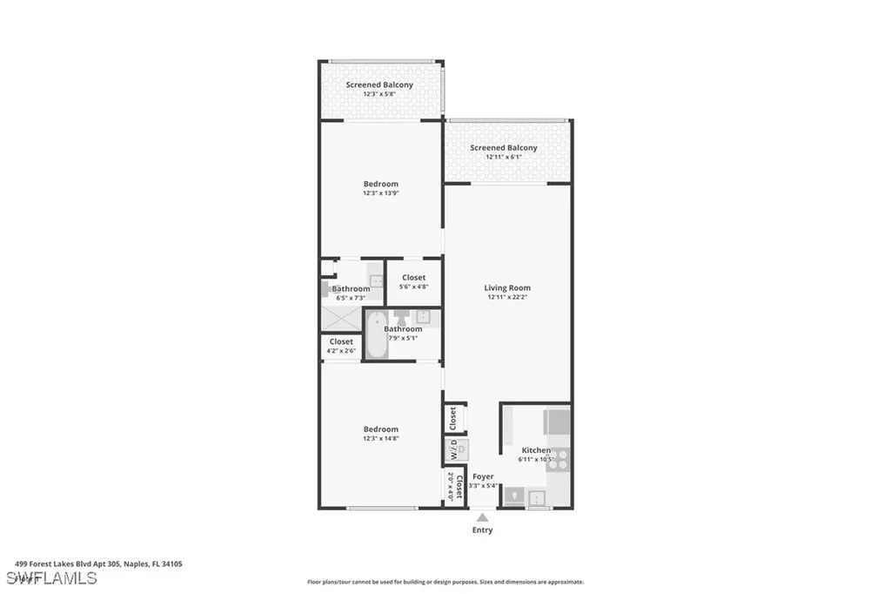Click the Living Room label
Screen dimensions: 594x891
507,287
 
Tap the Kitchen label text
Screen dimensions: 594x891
536,450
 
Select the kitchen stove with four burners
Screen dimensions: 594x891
558,459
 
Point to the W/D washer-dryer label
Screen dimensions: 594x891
452,450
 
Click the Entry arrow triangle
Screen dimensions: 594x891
482,517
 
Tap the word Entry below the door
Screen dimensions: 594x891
482,530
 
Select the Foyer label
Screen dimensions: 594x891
483,476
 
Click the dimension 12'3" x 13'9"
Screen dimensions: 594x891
381,193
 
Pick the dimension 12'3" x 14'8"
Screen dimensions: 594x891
381,439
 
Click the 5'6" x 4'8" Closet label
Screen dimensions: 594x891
414,278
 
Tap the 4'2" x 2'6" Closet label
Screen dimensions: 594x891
341,341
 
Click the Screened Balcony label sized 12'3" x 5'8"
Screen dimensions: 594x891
379,84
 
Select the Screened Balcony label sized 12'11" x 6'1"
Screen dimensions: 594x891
504,148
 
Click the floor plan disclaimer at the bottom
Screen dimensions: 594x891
445,582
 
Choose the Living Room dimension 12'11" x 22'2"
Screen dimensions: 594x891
507,297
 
